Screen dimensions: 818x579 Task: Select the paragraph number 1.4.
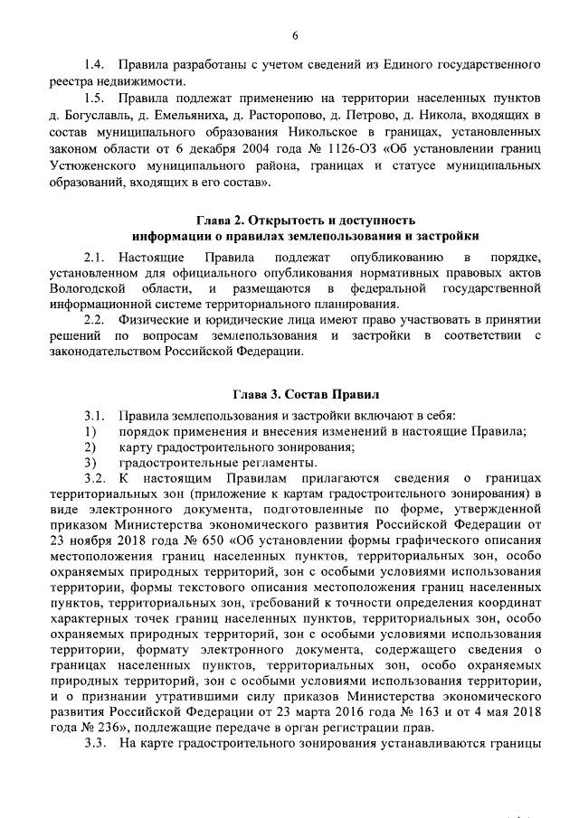(94, 65)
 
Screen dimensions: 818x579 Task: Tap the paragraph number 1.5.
(94, 98)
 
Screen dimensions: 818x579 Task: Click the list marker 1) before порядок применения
(89, 430)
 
